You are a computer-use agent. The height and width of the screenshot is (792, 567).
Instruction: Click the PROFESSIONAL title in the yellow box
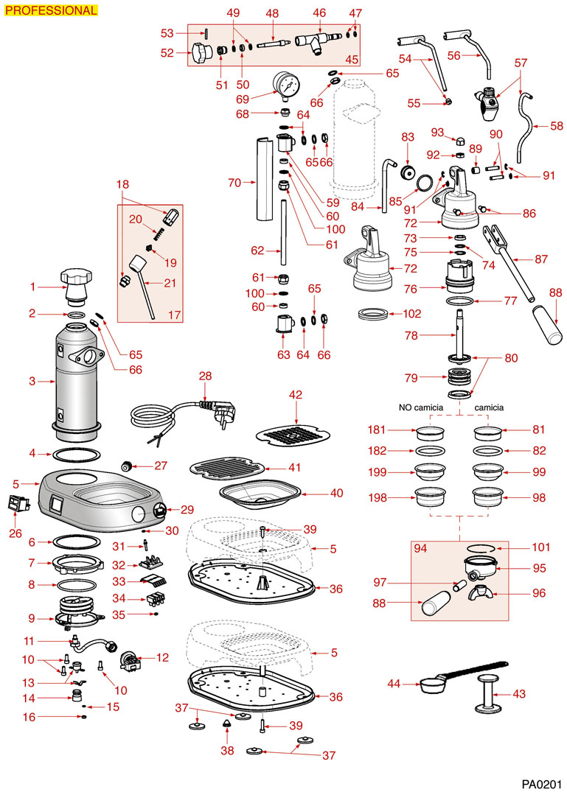pyautogui.click(x=50, y=10)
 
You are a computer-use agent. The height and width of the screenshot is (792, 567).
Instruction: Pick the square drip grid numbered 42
pyautogui.click(x=295, y=435)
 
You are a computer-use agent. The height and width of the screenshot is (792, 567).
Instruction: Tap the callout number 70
pyautogui.click(x=235, y=181)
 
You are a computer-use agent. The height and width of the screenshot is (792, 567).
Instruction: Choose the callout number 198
pyautogui.click(x=379, y=497)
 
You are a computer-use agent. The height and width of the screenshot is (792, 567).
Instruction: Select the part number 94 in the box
pyautogui.click(x=420, y=548)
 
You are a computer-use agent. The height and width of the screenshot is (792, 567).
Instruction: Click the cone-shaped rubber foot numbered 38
pyautogui.click(x=228, y=726)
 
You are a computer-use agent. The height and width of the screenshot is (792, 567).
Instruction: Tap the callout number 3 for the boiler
pyautogui.click(x=32, y=382)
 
